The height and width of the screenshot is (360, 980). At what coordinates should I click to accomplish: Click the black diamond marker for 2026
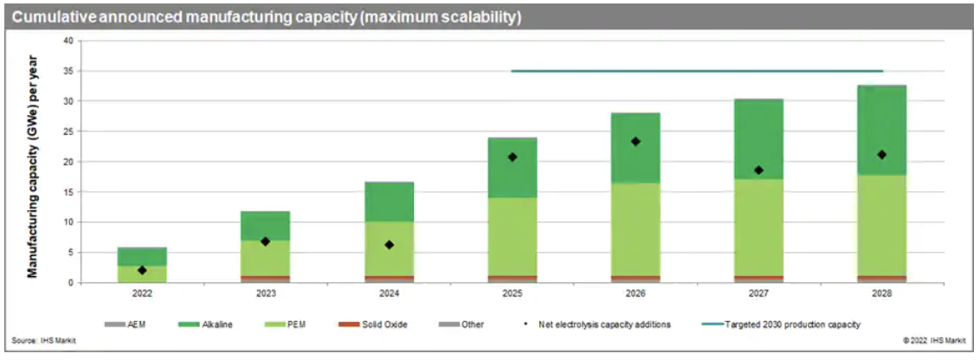635,141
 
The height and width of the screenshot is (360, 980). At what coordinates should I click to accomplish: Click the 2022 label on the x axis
142,293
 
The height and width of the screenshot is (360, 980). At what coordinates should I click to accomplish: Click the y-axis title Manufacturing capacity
32,161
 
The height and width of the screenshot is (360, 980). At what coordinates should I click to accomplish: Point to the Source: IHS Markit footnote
43,341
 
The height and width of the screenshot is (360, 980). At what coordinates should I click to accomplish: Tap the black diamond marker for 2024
389,245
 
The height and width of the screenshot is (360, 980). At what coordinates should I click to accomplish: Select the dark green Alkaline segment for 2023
266,223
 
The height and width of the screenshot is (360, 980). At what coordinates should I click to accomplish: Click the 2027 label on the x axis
758,293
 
